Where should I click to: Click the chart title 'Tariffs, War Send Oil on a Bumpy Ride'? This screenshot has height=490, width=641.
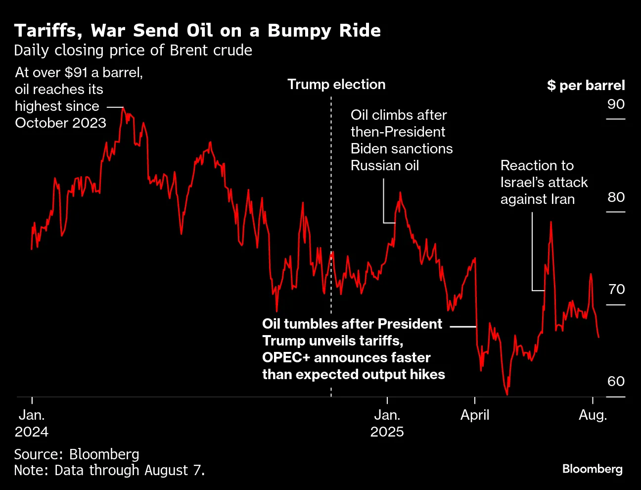(197, 31)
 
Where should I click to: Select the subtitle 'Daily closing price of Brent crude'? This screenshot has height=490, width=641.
(133, 50)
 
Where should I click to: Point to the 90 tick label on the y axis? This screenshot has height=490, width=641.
(616, 104)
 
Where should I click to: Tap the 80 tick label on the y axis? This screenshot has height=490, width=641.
(616, 197)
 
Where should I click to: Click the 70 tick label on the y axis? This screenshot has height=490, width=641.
(616, 289)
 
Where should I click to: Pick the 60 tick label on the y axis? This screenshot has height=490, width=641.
(616, 381)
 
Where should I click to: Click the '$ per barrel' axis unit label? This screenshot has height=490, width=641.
(586, 86)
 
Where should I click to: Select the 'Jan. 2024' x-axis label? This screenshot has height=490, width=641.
(32, 423)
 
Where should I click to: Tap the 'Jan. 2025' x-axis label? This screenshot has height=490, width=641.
(387, 423)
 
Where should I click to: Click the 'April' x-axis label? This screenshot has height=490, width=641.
(474, 415)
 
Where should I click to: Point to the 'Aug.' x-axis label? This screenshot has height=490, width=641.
(593, 415)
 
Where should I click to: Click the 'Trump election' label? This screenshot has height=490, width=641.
(336, 85)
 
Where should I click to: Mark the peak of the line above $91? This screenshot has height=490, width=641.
(123, 108)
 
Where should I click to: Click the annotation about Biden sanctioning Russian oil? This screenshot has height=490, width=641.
(401, 140)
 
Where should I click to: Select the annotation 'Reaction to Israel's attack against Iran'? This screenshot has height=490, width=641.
(544, 182)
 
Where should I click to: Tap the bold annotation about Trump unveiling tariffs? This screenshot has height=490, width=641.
(353, 349)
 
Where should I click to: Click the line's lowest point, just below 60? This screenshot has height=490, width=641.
(507, 394)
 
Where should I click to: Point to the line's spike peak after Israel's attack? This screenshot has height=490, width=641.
(550, 222)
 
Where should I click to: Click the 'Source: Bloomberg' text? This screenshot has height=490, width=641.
(77, 454)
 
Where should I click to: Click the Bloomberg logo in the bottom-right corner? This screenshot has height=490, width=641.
(592, 468)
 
